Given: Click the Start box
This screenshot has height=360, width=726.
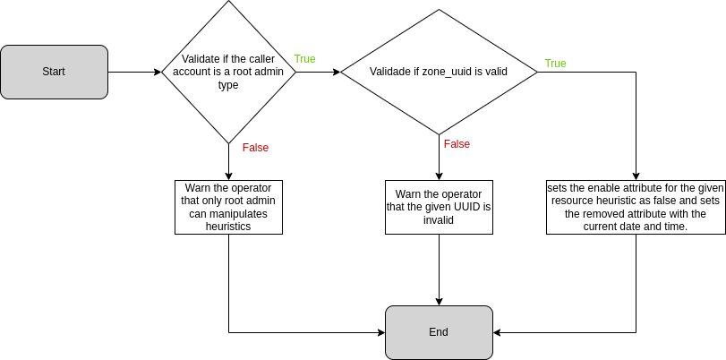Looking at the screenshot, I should coord(54,72).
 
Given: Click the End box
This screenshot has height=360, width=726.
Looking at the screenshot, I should coord(439,332).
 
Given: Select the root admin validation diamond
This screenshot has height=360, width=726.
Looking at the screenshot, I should coord(228,72).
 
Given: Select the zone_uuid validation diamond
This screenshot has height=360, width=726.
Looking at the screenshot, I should coord(439,72).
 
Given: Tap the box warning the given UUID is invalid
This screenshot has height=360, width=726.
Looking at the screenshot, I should coord(439,207).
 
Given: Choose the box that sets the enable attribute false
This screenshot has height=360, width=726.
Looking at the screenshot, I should coord(636,207).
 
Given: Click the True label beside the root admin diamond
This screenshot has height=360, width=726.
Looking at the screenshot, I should coord(304,59).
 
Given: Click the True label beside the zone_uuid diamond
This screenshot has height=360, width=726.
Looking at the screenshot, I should coord(555,64).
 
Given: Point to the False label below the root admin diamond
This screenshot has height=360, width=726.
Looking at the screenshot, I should coord(255,148).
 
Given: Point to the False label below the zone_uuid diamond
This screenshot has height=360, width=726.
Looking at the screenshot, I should coord(457,144).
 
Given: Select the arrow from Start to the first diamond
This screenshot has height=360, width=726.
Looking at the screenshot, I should coord(134,72).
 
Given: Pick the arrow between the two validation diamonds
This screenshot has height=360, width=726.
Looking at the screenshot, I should coord(318,72).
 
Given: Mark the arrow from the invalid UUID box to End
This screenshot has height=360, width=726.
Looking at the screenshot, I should coord(439,269).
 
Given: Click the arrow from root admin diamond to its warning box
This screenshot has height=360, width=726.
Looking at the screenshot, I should coord(228,161).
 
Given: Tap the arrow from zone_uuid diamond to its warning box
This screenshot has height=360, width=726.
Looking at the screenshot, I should coord(439,157).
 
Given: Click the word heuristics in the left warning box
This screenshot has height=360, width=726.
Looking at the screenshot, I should coord(228,227).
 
